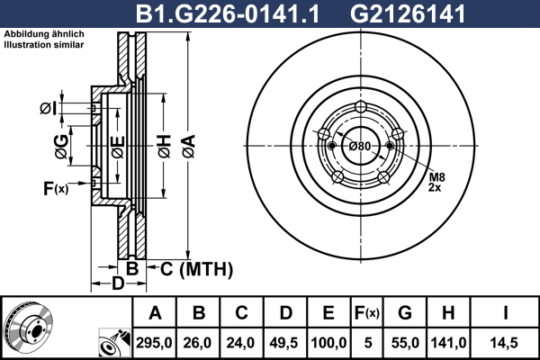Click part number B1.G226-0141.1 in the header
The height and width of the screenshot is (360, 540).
(228, 14)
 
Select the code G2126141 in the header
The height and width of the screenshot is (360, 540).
(408, 14)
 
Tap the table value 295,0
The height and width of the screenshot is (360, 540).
(154, 343)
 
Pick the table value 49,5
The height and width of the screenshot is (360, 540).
(283, 343)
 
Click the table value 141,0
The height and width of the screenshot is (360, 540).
(448, 343)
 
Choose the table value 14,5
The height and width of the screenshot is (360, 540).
(504, 343)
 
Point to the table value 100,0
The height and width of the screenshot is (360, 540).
(328, 343)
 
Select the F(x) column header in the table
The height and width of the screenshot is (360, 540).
(367, 313)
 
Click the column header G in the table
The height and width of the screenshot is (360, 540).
(405, 313)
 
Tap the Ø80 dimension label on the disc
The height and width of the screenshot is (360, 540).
(360, 147)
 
